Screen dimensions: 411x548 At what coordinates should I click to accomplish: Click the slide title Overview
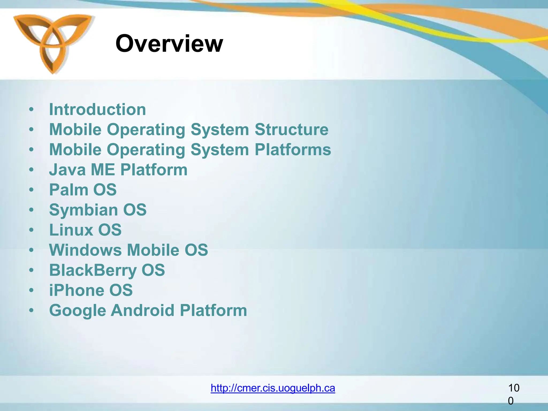click(169, 44)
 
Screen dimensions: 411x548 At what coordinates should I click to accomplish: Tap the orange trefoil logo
click(53, 43)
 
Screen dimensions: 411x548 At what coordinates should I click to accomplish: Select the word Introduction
click(97, 110)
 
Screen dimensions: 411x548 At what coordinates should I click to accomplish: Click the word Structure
click(291, 130)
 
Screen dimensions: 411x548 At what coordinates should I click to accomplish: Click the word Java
click(67, 170)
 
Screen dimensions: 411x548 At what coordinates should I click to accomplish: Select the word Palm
click(68, 190)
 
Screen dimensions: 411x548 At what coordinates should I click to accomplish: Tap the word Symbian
click(83, 210)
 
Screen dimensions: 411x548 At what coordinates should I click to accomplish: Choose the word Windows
click(85, 250)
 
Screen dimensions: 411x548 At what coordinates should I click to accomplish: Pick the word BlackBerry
click(93, 270)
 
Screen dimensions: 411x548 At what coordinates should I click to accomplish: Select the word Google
click(78, 311)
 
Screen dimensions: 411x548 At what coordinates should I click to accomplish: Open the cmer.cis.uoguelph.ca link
click(273, 388)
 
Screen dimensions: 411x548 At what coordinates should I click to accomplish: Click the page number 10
click(513, 388)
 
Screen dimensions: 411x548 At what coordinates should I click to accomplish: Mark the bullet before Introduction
click(32, 110)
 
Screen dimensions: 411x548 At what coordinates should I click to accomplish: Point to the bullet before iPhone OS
click(32, 290)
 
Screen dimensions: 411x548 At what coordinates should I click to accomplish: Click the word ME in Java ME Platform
click(103, 170)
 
